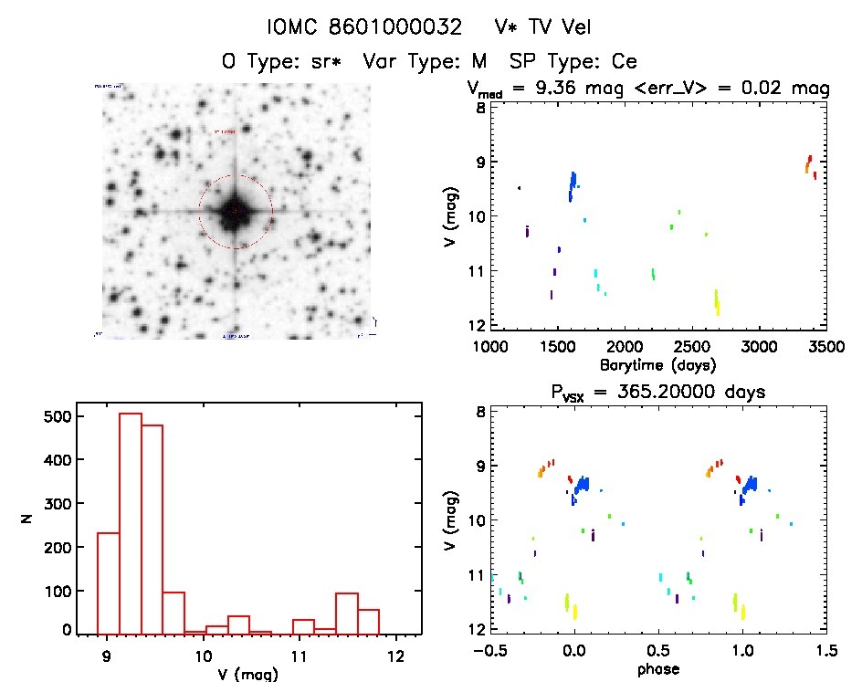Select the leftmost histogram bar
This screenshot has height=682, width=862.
108,582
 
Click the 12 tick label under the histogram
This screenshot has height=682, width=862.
395,656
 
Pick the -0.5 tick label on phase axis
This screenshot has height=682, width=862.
488,652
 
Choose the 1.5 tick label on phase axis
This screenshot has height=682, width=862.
825,652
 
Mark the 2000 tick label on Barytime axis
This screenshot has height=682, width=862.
625,347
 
